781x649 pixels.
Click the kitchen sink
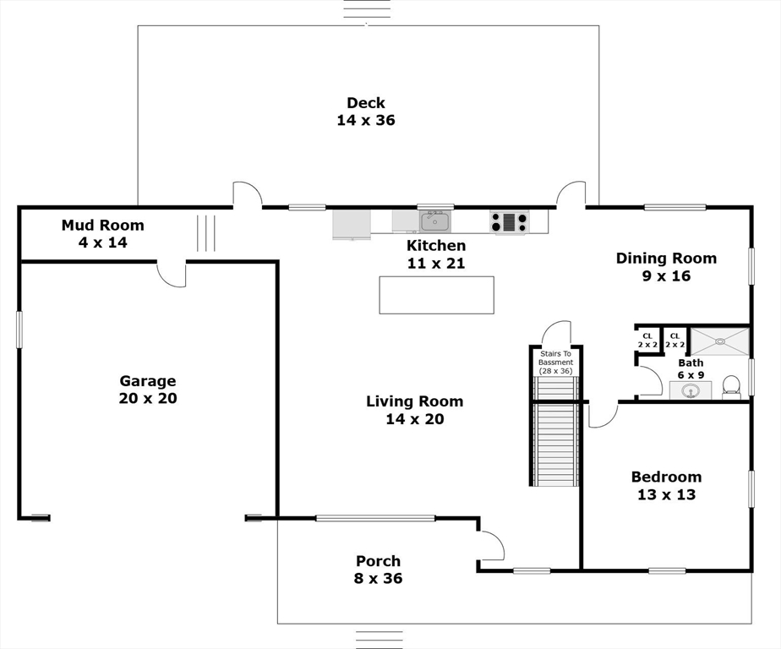pyautogui.click(x=435, y=221)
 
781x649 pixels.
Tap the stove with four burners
pyautogui.click(x=509, y=221)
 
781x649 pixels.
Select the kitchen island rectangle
pyautogui.click(x=437, y=295)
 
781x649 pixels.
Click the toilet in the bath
pyautogui.click(x=730, y=386)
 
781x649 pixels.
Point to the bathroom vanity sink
pyautogui.click(x=691, y=390)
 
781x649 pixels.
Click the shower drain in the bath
pyautogui.click(x=720, y=341)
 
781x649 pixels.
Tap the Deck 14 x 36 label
pyautogui.click(x=366, y=111)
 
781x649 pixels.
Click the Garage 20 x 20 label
pyautogui.click(x=148, y=390)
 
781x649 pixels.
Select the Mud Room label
pyautogui.click(x=102, y=225)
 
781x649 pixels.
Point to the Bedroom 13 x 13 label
pyautogui.click(x=666, y=486)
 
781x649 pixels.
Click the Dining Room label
pyautogui.click(x=666, y=258)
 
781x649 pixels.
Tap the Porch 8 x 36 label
pyautogui.click(x=379, y=570)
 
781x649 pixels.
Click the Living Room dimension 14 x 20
pyautogui.click(x=415, y=419)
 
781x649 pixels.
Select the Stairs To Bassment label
pyautogui.click(x=556, y=358)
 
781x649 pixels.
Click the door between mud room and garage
pyautogui.click(x=172, y=274)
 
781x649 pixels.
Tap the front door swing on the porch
pyautogui.click(x=490, y=545)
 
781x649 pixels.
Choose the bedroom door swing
pyautogui.click(x=603, y=416)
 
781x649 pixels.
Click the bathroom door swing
pyautogui.click(x=649, y=382)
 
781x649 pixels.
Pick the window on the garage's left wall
pyautogui.click(x=19, y=330)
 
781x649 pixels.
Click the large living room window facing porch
pyautogui.click(x=375, y=518)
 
